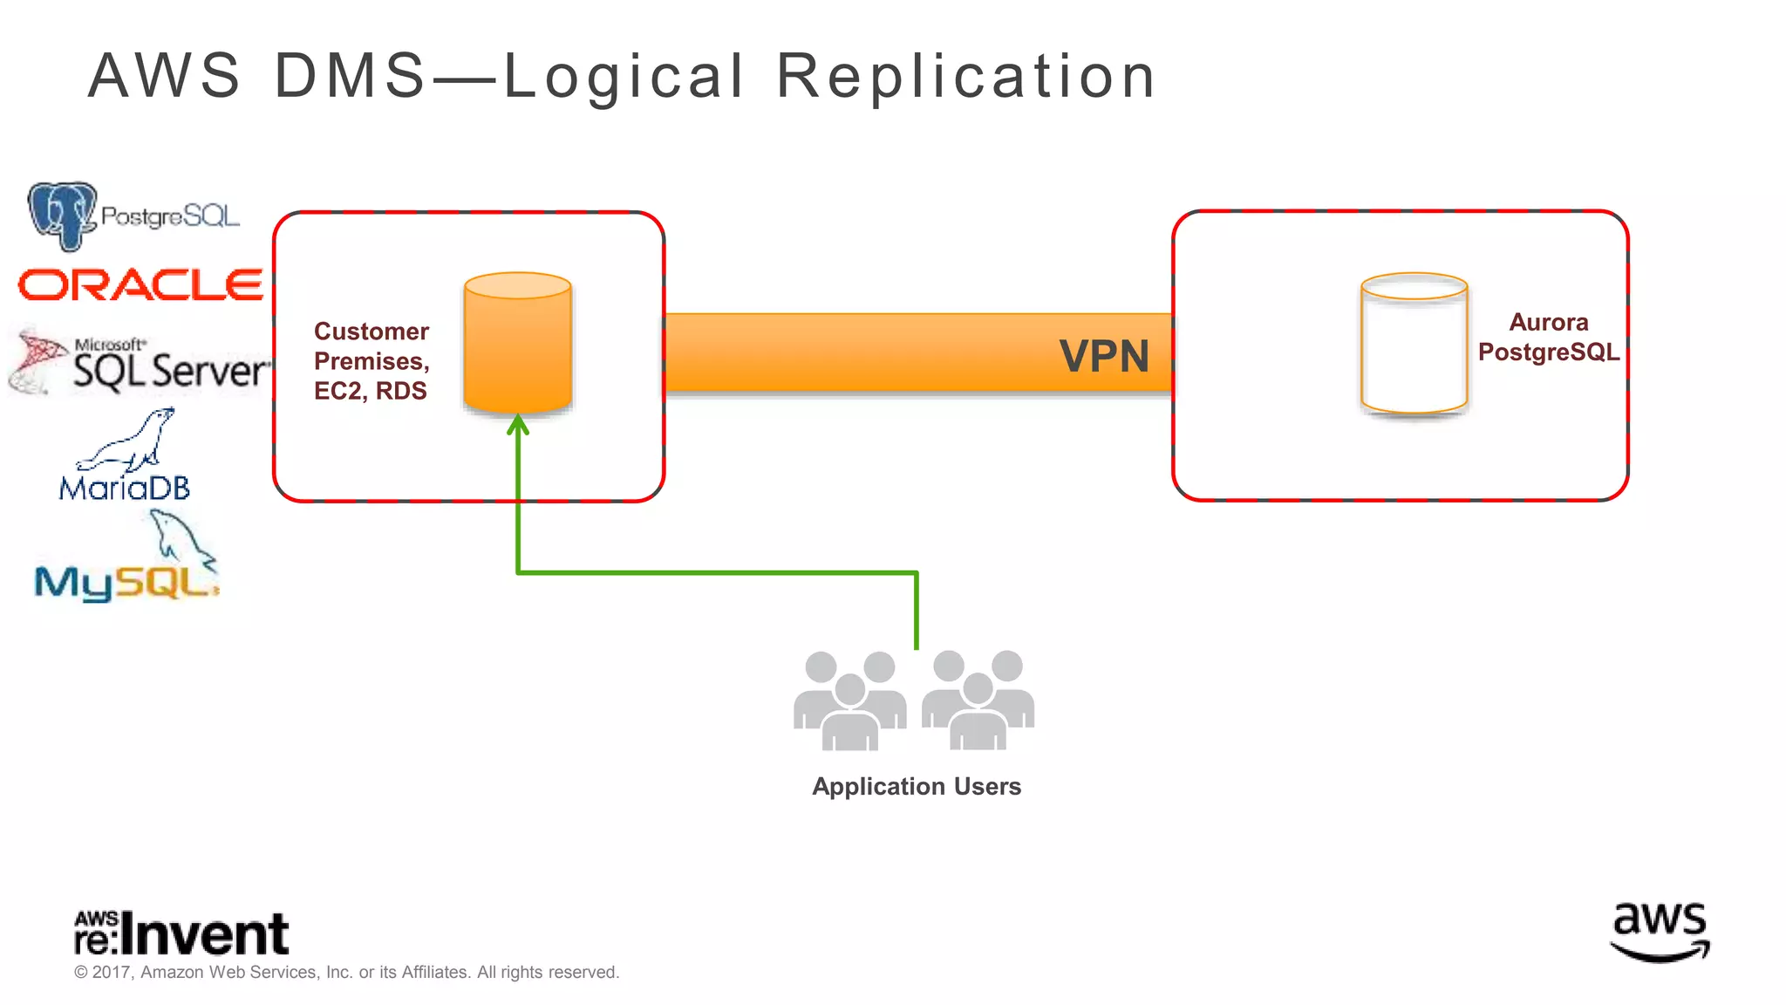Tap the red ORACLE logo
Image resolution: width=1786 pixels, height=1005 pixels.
coord(140,285)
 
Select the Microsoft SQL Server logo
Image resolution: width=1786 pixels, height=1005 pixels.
coord(140,363)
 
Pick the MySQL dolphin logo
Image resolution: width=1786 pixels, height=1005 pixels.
coord(127,561)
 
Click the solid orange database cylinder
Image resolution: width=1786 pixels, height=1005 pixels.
coord(517,344)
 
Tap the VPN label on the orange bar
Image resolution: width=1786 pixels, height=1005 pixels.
coord(1104,356)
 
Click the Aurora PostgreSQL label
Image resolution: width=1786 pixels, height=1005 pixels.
coord(1548,338)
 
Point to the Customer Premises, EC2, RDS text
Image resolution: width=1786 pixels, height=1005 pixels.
coord(372,361)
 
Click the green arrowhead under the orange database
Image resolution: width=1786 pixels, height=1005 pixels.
coord(518,425)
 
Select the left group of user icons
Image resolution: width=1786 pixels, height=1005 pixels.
coord(849,701)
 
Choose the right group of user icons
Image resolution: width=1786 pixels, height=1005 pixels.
coord(978,701)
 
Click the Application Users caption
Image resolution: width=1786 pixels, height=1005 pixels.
coord(916,787)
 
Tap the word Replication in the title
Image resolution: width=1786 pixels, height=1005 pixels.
coord(966,77)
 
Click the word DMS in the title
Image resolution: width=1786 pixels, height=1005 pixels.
coord(350,76)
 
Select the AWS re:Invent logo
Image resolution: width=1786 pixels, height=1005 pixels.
coord(181,933)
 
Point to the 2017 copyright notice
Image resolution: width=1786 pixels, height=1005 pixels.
coord(346,973)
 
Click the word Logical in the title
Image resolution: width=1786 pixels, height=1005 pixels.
coord(624,77)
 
